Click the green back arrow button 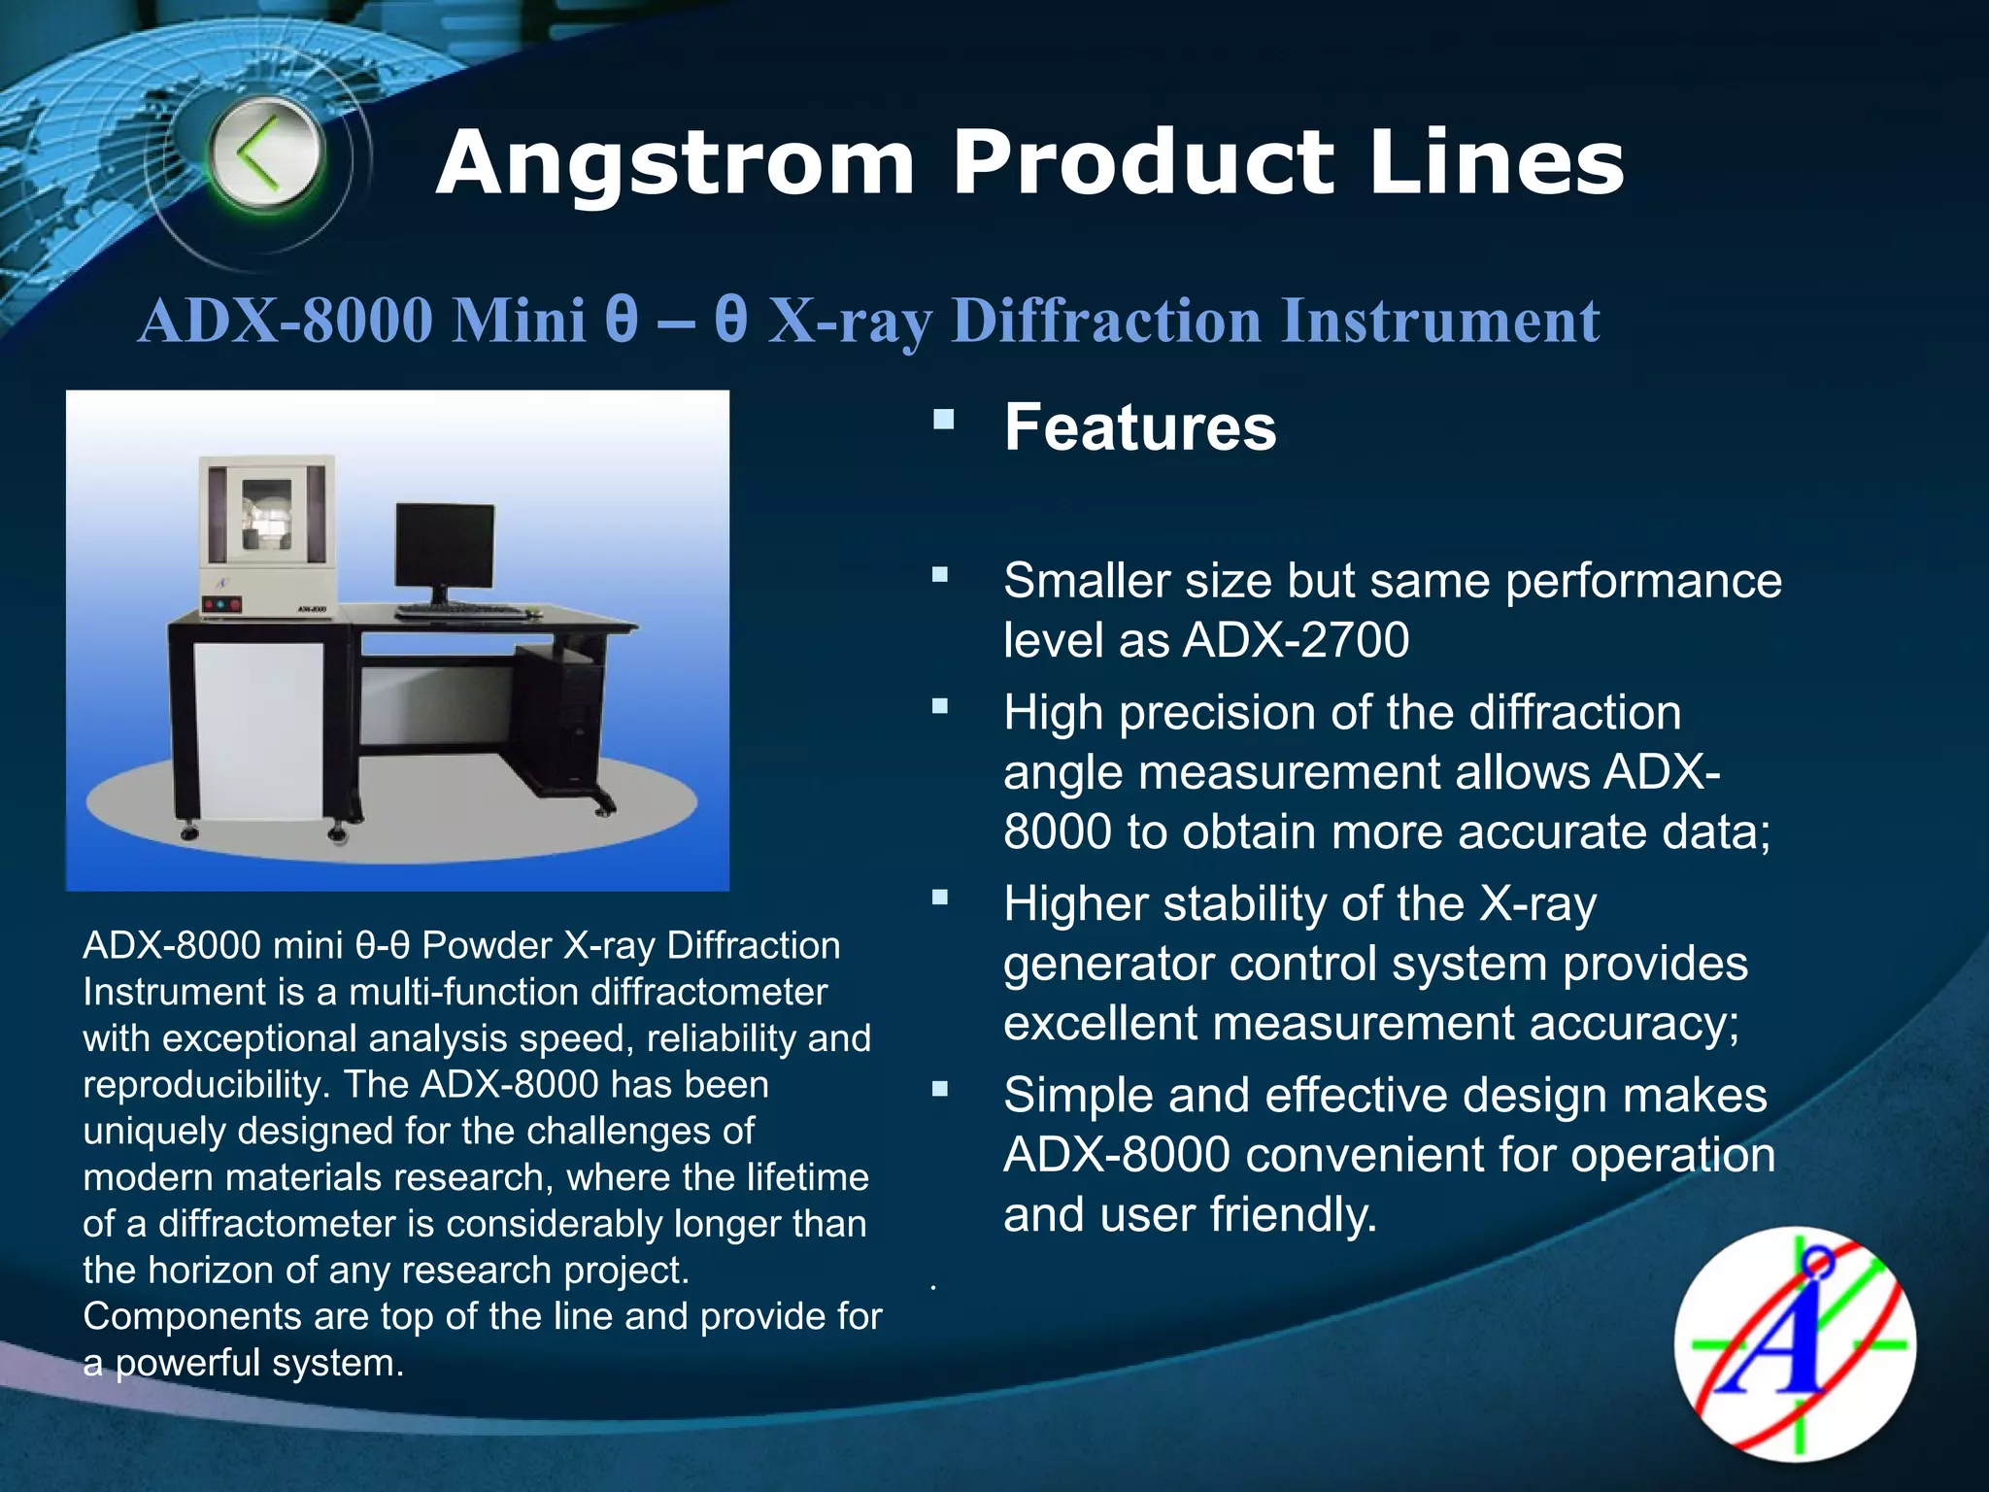(x=265, y=155)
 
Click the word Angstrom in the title (x=675, y=163)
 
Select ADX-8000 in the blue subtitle (x=286, y=321)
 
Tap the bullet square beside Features (x=943, y=420)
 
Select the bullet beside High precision (x=940, y=706)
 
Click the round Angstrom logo (x=1795, y=1345)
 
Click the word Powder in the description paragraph (x=486, y=945)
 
